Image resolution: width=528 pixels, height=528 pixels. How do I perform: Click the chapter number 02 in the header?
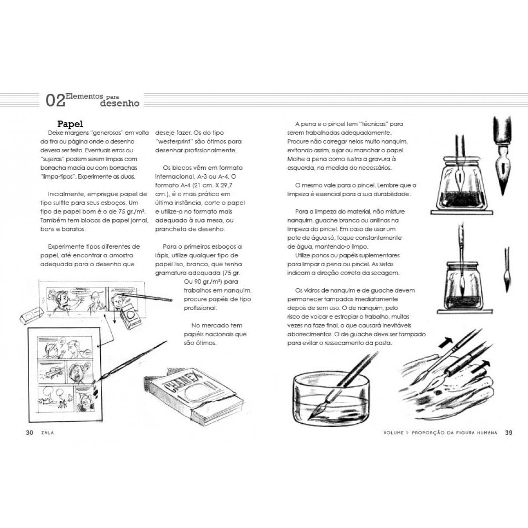click(55, 100)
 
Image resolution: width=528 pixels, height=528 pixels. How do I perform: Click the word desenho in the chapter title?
click(120, 104)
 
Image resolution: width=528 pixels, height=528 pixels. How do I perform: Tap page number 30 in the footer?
click(29, 433)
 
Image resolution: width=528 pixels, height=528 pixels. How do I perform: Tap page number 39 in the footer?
click(509, 433)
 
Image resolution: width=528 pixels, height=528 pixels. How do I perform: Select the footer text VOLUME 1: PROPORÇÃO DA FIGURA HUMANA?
click(440, 433)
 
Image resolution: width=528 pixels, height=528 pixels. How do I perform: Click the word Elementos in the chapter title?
click(84, 95)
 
